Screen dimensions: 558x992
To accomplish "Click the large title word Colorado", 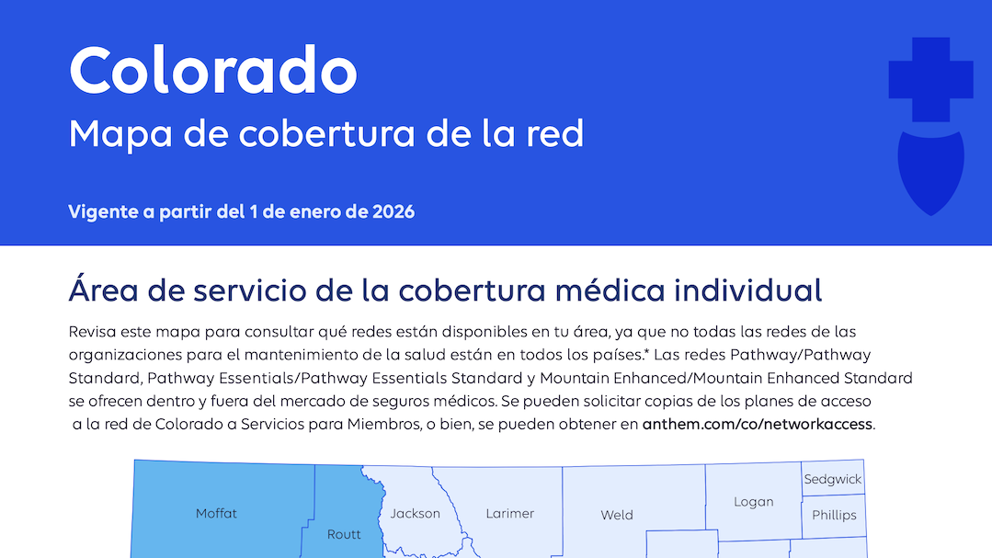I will coord(212,70).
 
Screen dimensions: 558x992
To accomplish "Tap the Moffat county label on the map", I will coord(216,514).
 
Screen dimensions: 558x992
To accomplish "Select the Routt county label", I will coord(344,534).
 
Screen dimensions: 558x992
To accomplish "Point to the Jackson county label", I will coord(415,514).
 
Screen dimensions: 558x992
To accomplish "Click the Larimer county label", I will coord(509,514).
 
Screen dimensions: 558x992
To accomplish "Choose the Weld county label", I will coord(617,515).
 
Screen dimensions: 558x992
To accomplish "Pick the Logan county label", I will coord(753,502).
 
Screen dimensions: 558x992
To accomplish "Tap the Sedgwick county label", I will coord(832,480).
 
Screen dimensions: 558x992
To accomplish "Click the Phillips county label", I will coord(834,515).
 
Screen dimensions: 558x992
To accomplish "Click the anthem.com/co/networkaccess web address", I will coord(757,425).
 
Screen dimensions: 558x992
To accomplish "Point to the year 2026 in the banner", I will coord(393,212).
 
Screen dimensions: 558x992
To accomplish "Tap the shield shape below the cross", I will coord(930,170).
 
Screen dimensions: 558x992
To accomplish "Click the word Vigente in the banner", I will coord(100,212).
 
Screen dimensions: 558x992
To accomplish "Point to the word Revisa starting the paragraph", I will coord(93,331).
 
